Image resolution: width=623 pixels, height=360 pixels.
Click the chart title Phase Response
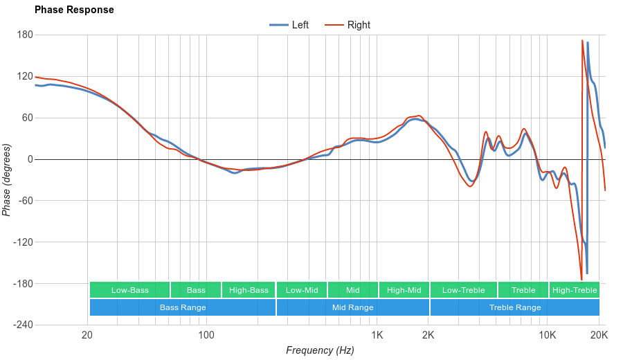coord(74,10)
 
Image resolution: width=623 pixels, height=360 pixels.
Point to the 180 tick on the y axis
coord(25,35)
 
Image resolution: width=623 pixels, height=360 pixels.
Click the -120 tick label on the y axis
coord(23,242)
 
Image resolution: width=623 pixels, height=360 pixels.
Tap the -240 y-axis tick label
coord(23,325)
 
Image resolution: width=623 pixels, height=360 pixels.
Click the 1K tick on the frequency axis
coord(377,335)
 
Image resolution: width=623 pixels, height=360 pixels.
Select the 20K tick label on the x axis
coord(599,335)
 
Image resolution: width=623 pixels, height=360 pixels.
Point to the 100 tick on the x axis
coord(206,335)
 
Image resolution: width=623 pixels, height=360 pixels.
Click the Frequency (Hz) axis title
coord(320,350)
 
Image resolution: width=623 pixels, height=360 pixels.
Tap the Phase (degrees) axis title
coord(7,180)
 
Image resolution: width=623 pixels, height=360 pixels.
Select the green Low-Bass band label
coord(129,290)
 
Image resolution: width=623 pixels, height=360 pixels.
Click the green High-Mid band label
coord(404,290)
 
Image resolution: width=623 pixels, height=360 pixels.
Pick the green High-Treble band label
coord(575,290)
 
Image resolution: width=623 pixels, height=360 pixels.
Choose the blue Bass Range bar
coord(182,307)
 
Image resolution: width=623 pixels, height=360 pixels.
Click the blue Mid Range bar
coord(352,307)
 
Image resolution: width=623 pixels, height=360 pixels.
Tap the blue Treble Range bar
coord(515,307)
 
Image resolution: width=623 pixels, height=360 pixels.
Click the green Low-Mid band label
coord(302,290)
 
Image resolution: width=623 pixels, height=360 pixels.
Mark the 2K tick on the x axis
coord(428,335)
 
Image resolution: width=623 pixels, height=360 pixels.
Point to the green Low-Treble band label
coord(463,290)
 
